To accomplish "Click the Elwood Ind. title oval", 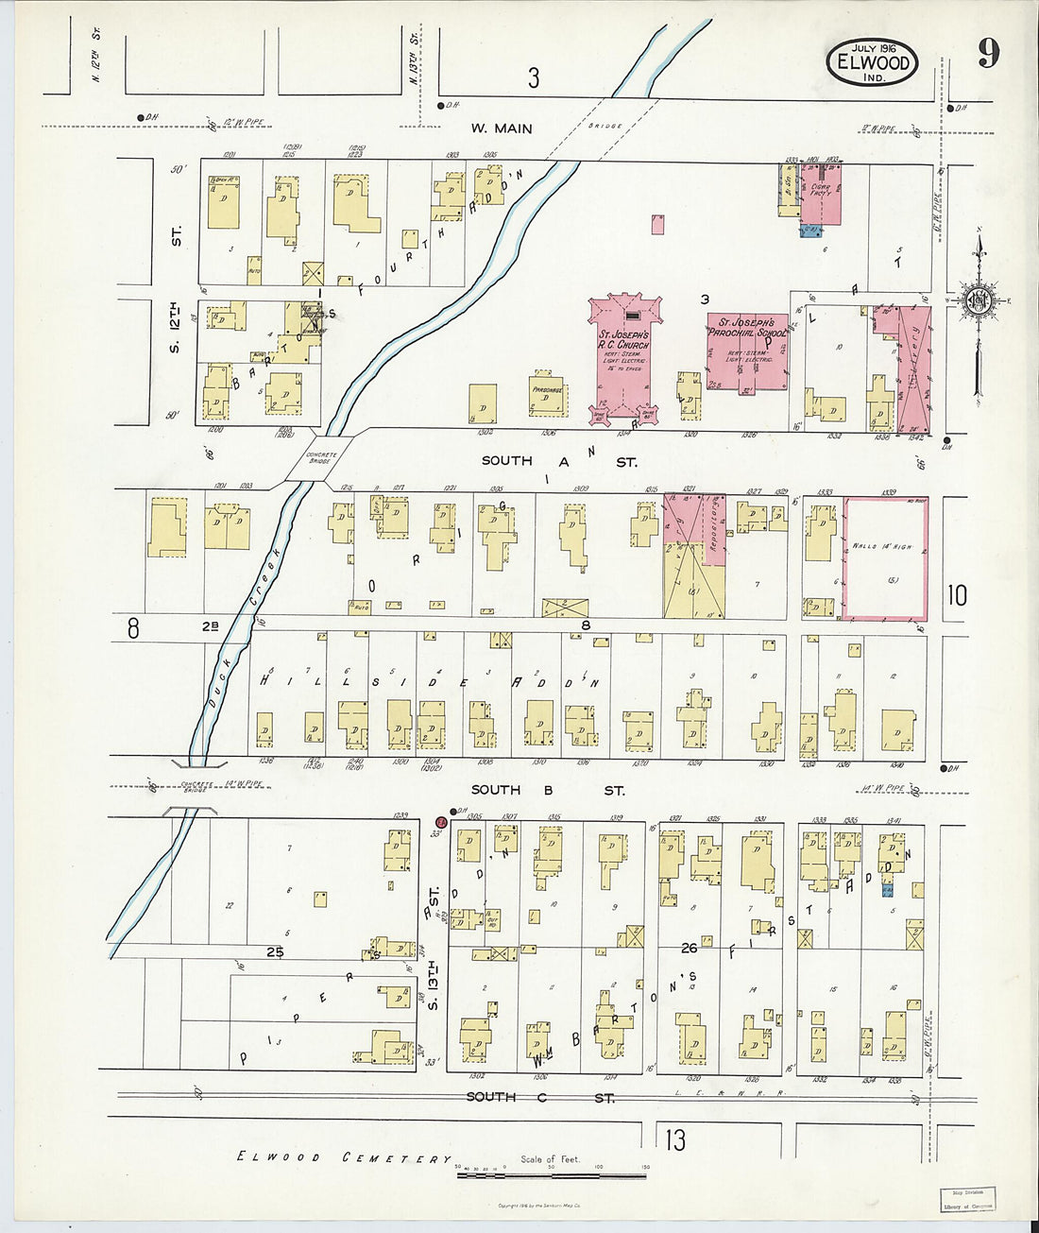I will click(x=874, y=63).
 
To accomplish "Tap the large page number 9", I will click(x=987, y=53).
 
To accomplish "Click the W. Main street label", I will click(x=502, y=128).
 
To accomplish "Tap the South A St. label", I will click(x=559, y=461).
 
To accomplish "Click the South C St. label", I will click(x=540, y=1097).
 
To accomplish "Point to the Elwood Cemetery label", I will click(x=344, y=1157).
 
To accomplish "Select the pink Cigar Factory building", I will click(x=821, y=194).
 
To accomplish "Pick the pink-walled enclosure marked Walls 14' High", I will click(x=885, y=558).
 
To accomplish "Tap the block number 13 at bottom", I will click(x=674, y=1140).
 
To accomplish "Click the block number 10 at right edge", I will click(x=957, y=595).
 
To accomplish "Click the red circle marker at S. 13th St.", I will click(x=440, y=822).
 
